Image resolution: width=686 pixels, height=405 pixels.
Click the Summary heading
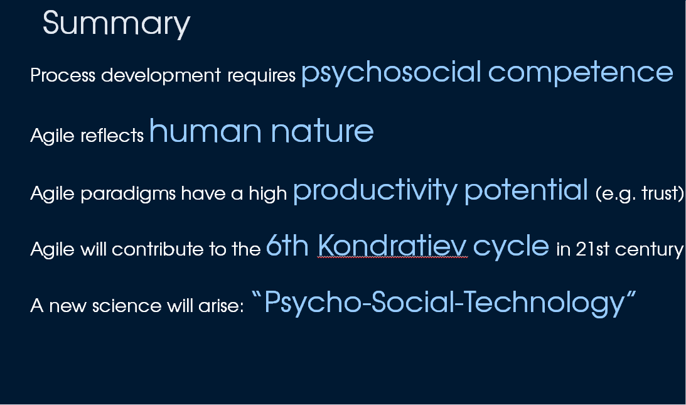click(x=116, y=24)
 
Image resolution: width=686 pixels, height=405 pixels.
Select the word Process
click(x=63, y=75)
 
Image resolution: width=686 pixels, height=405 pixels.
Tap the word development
click(x=161, y=75)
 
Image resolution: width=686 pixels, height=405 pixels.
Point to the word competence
click(x=581, y=73)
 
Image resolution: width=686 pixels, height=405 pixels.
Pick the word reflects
click(x=112, y=135)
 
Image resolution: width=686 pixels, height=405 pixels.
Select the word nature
click(x=323, y=132)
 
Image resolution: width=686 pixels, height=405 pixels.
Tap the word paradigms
click(x=128, y=194)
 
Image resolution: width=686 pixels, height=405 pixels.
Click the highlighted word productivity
click(x=375, y=191)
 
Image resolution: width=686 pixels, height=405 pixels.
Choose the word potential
click(x=527, y=190)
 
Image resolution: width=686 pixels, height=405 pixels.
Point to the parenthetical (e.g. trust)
click(x=640, y=193)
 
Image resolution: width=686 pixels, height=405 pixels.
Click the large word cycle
click(x=511, y=247)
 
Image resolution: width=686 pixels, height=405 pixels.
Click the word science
click(x=127, y=306)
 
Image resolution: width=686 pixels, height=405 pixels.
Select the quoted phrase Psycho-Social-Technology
click(x=444, y=303)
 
